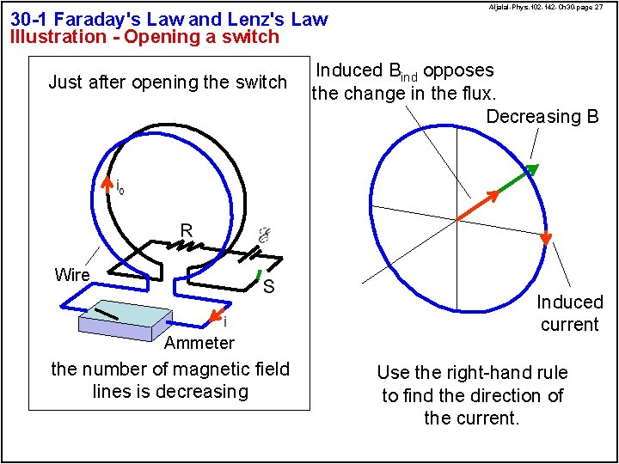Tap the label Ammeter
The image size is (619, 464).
(199, 343)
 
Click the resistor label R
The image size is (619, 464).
(186, 229)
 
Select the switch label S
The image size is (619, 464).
(268, 286)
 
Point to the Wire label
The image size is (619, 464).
(71, 275)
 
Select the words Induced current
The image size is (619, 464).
(569, 313)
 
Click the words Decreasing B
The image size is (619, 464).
(542, 117)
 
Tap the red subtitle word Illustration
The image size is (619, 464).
(52, 36)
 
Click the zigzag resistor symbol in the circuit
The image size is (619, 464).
(183, 246)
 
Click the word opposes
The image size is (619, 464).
(459, 70)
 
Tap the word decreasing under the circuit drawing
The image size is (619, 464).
(205, 392)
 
